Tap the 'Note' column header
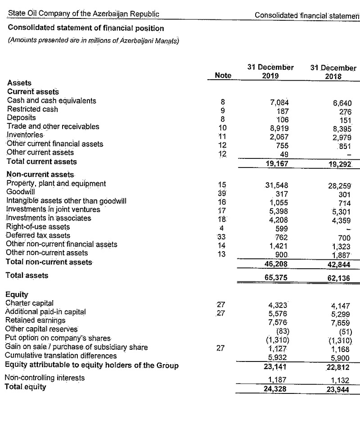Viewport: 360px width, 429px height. click(223, 76)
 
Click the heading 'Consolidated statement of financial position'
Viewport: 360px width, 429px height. click(86, 28)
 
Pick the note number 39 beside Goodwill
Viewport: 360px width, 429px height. click(221, 193)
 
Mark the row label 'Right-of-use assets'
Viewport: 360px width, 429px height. click(38, 227)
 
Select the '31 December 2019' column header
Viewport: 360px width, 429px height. click(270, 72)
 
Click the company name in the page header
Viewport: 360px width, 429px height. click(83, 14)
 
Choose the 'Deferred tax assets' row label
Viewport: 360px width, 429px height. click(38, 235)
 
